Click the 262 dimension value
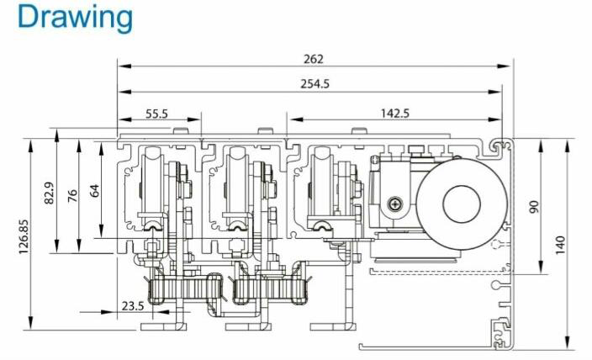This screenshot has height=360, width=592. tap(314, 59)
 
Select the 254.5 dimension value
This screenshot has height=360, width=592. tap(314, 83)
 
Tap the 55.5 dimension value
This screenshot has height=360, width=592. tap(156, 114)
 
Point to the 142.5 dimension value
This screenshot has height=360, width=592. tap(395, 113)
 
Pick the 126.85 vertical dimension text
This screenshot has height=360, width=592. tap(24, 236)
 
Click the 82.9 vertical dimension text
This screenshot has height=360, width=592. tap(50, 193)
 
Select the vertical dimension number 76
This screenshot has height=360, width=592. tap(72, 196)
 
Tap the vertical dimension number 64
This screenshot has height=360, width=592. tap(95, 190)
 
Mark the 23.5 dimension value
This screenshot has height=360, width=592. tap(133, 305)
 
